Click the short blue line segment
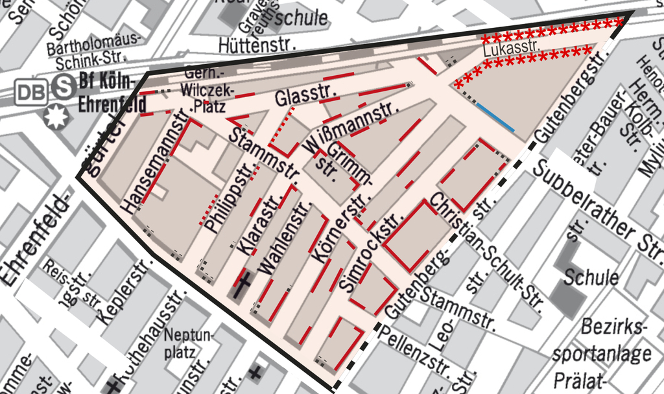click(x=496, y=119)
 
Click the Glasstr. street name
click(x=303, y=97)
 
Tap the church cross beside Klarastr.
click(x=243, y=284)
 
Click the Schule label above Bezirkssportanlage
click(x=591, y=277)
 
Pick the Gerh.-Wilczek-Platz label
click(x=204, y=89)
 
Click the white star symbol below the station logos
click(x=56, y=116)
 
